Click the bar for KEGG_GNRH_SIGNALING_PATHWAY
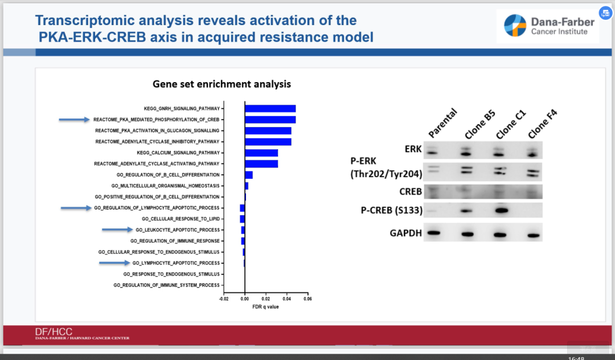point(270,109)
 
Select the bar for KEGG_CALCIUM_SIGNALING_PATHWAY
point(261,153)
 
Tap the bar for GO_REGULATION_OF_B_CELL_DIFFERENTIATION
point(249,175)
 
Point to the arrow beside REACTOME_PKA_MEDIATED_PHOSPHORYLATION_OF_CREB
point(75,120)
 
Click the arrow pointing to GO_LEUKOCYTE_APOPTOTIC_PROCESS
point(117,230)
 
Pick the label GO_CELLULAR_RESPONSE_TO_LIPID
point(181,219)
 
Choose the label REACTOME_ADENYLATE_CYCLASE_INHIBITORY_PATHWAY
point(157,142)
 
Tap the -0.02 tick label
point(224,299)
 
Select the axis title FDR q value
point(265,306)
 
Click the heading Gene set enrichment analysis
point(222,84)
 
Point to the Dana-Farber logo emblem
point(515,26)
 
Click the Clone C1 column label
point(511,124)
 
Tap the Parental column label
point(442,123)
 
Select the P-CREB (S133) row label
point(391,211)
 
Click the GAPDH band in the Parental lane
point(433,233)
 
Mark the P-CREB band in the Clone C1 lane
point(501,211)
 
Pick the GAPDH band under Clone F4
point(534,235)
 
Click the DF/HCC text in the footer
point(54,332)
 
